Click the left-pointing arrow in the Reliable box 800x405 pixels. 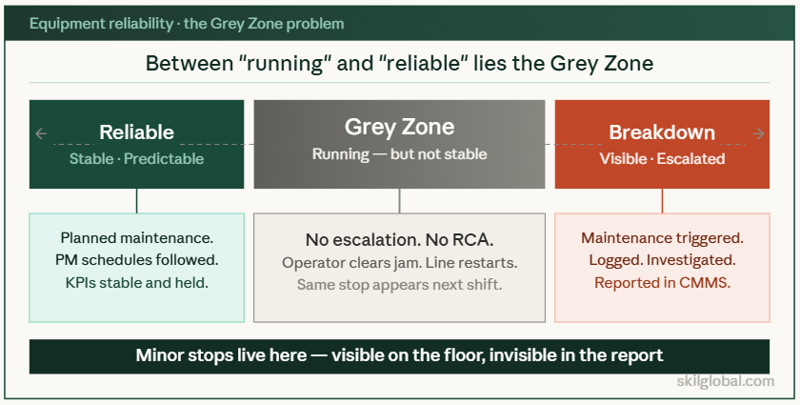click(x=40, y=134)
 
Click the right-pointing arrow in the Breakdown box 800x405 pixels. click(x=758, y=134)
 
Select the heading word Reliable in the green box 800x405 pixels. click(x=136, y=132)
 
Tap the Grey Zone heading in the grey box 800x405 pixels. click(x=399, y=127)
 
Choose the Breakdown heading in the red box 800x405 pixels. click(x=662, y=132)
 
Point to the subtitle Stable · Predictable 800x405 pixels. click(x=136, y=159)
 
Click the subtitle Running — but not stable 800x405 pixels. click(x=399, y=153)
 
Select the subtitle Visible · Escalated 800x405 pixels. click(x=662, y=159)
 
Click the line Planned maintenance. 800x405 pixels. click(x=136, y=237)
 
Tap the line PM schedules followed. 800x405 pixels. click(x=136, y=259)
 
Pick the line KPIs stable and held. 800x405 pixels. click(x=136, y=282)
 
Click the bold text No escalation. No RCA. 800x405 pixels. click(x=399, y=239)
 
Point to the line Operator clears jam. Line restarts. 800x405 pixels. click(x=399, y=262)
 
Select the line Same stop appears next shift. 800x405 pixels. click(x=399, y=284)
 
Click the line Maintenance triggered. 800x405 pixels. click(x=662, y=237)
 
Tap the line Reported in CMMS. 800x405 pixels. click(x=662, y=282)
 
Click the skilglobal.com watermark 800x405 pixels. click(x=725, y=381)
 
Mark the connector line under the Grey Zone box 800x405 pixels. click(x=399, y=200)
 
